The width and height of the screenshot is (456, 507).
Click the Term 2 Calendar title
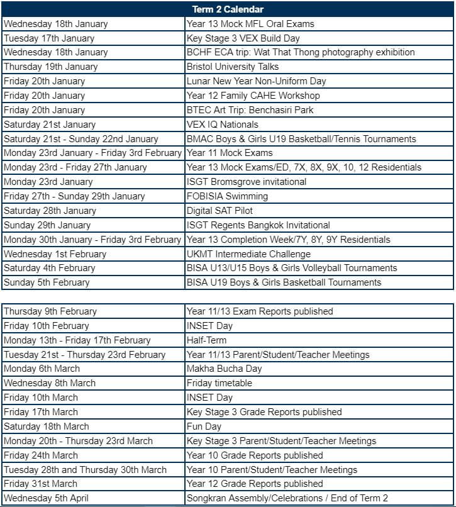228,9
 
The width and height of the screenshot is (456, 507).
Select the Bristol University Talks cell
233,67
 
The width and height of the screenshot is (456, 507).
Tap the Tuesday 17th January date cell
49,38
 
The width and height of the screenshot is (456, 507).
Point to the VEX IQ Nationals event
223,125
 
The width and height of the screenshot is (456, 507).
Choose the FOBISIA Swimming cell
227,196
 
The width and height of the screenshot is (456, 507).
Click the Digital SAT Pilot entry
220,211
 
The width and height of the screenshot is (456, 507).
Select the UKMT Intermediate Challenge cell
248,254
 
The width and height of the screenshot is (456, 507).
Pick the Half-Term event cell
206,340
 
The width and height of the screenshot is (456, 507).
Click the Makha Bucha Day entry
225,369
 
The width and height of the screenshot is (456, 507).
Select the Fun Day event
205,426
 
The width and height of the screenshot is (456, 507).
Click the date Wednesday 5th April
46,498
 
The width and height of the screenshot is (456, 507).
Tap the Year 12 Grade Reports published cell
255,484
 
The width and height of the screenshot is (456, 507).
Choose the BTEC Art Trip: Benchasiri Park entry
250,110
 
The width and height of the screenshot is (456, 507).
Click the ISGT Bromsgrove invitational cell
247,182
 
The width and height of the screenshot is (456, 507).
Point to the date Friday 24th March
41,455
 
